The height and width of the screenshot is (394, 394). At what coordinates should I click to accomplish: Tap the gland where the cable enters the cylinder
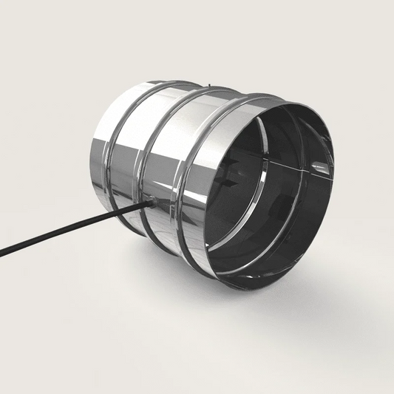[x=148, y=201]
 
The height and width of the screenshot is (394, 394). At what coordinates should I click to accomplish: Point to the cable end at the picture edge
[x=2, y=255]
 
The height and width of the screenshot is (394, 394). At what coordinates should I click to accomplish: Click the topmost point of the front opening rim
[x=292, y=101]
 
